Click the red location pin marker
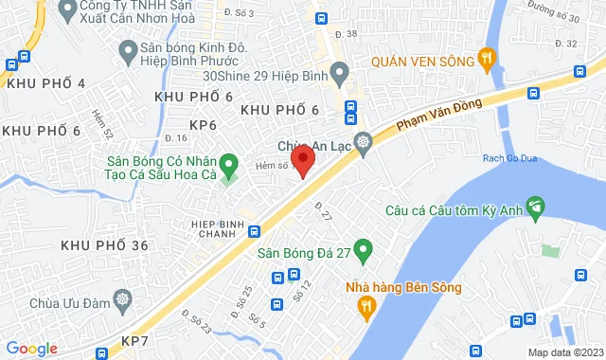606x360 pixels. coord(302,159)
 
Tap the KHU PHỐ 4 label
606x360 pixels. coord(45,84)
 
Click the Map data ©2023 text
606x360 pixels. coord(564,352)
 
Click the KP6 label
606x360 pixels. coord(204,125)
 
